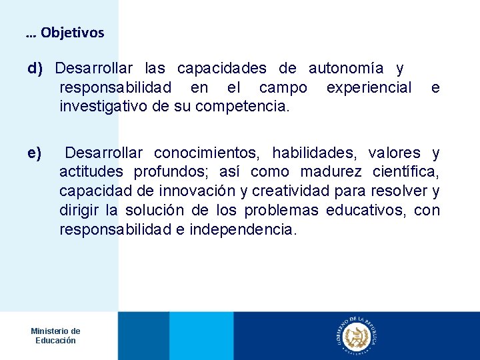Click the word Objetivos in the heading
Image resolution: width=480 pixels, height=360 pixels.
pos(72,33)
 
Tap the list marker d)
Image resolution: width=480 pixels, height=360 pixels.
pos(35,69)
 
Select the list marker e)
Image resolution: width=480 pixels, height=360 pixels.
pos(35,153)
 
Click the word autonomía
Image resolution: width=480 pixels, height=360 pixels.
pos(345,69)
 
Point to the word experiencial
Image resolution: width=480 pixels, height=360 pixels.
pos(369,88)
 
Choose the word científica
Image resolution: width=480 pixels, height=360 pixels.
pos(407,173)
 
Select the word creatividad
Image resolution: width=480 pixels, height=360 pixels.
pos(288,191)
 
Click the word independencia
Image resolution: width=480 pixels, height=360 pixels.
pos(242,230)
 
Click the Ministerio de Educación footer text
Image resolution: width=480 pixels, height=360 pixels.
pos(55,335)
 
